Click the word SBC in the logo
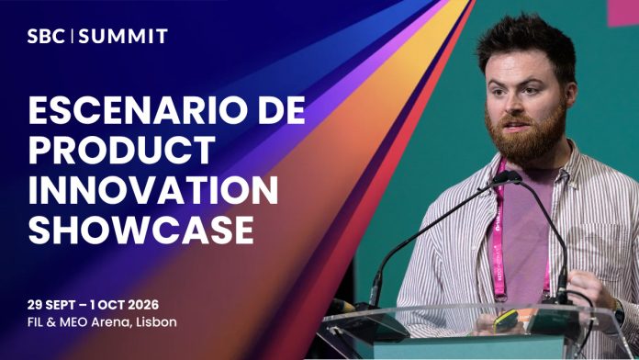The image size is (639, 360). click(46, 37)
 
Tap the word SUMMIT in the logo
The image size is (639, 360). click(123, 37)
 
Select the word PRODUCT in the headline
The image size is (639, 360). click(122, 150)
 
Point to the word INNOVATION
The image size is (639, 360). click(153, 190)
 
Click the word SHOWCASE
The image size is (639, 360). click(141, 230)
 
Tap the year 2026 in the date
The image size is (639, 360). click(143, 305)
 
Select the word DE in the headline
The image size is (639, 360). click(282, 110)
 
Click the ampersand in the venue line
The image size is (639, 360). click(51, 322)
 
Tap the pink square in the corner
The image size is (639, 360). click(623, 12)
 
